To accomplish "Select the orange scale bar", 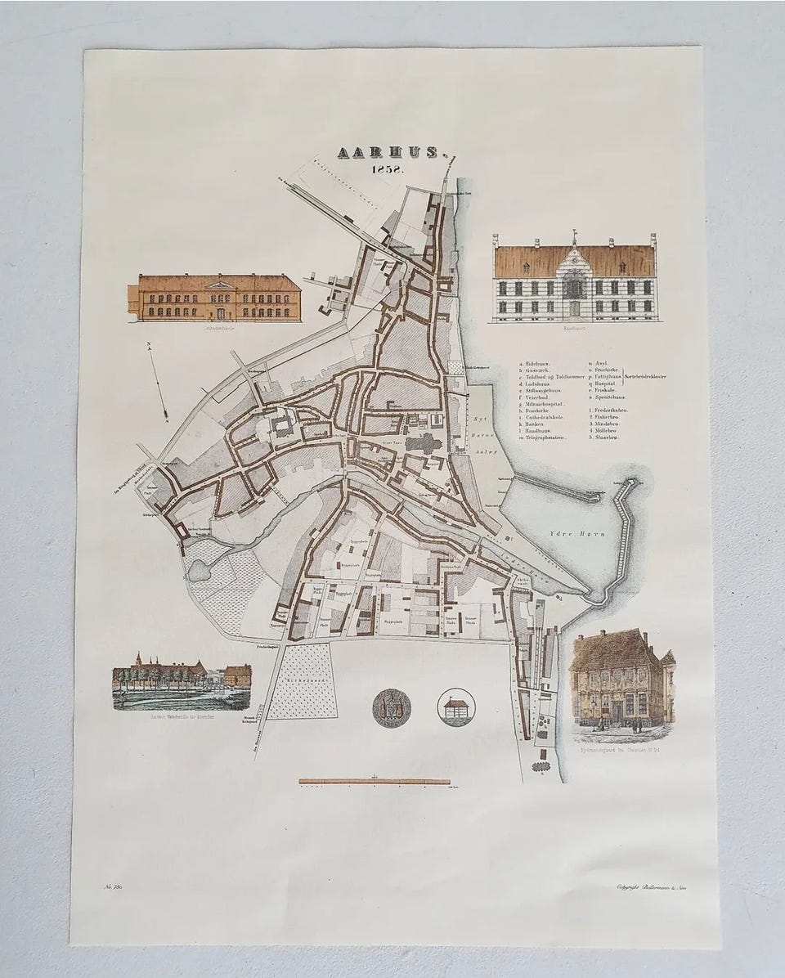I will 374,781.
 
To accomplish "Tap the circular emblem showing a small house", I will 455,707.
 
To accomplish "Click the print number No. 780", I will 112,887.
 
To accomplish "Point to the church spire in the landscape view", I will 140,659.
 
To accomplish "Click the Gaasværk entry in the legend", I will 541,370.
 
